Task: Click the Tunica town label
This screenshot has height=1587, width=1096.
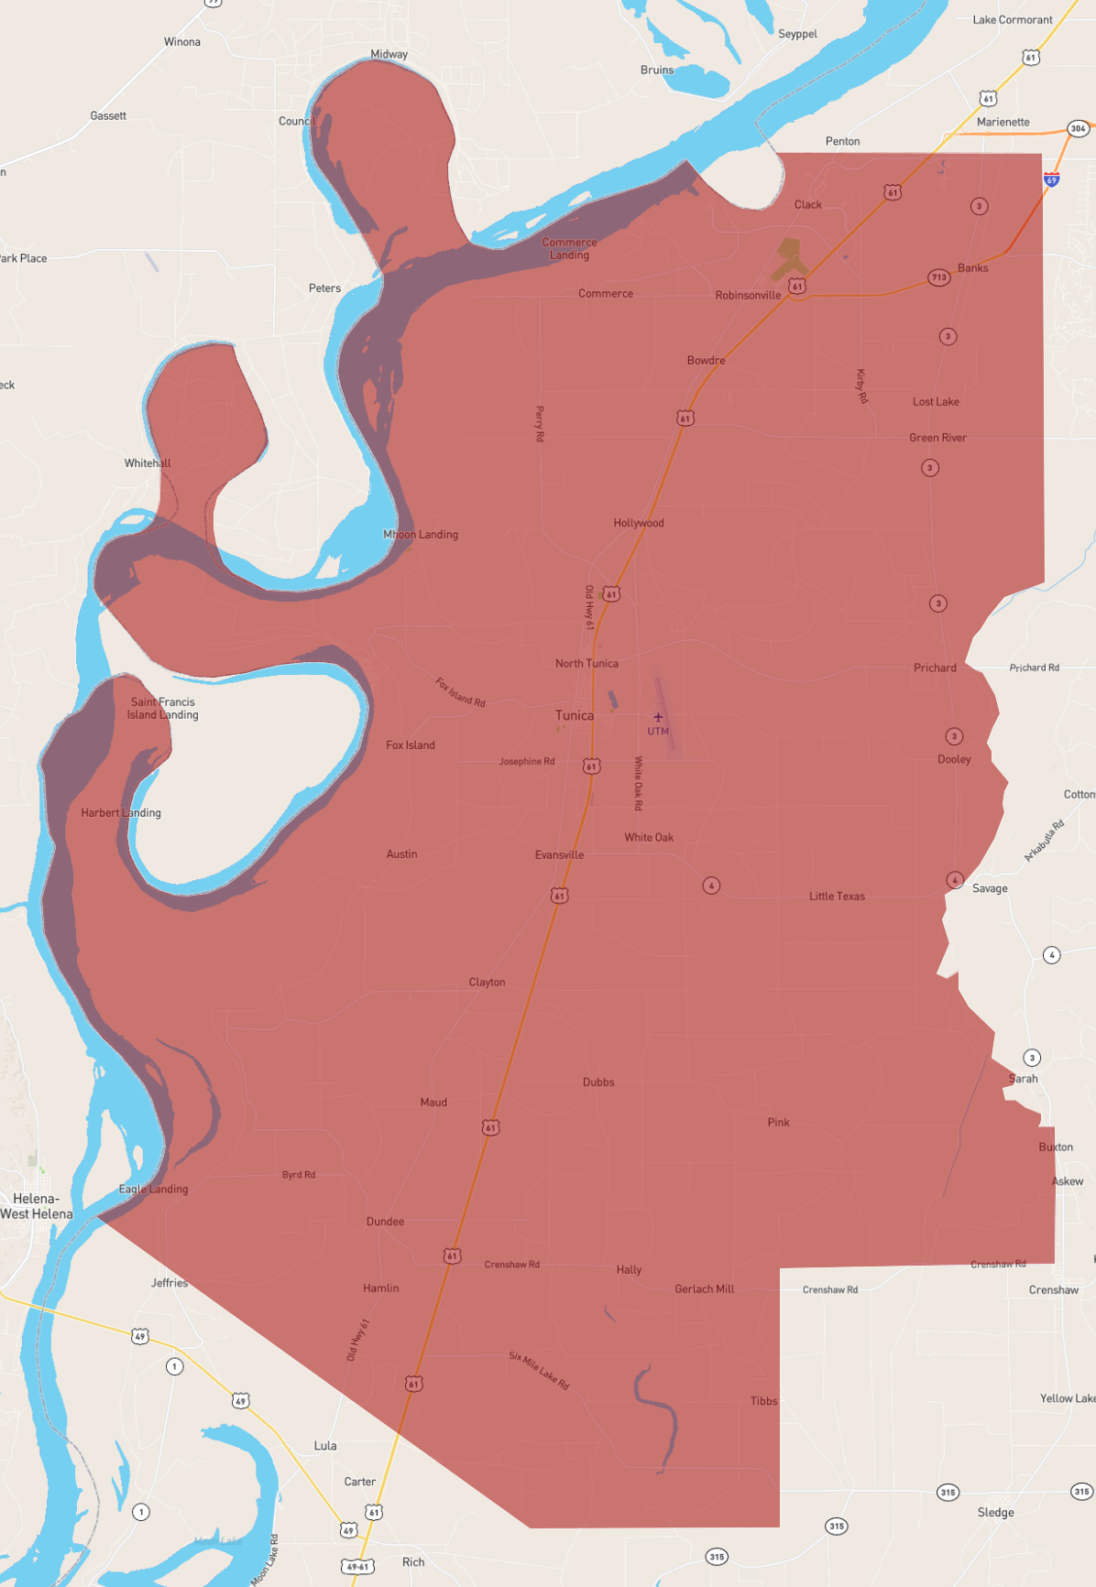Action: [575, 715]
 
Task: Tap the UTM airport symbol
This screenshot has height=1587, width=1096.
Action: [658, 717]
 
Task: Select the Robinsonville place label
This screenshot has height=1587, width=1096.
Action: [748, 295]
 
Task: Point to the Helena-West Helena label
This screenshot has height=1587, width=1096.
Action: [37, 1206]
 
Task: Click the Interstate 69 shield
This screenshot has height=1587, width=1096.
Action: [1052, 179]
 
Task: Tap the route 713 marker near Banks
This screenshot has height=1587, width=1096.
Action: [938, 277]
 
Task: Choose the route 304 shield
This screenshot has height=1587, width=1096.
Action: [1078, 128]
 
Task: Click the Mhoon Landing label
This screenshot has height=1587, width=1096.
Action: [421, 534]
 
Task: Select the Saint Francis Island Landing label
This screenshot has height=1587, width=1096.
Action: [162, 708]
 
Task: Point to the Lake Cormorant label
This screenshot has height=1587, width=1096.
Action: [1013, 19]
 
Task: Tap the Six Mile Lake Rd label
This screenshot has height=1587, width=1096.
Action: [540, 1371]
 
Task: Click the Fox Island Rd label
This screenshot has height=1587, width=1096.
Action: [460, 692]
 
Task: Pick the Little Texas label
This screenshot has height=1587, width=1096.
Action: [837, 896]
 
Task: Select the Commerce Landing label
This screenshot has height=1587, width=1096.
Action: [569, 248]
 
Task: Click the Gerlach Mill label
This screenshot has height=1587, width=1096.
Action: [705, 1288]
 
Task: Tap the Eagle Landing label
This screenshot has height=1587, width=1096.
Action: [153, 1189]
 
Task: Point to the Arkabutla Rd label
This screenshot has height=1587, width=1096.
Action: [1044, 841]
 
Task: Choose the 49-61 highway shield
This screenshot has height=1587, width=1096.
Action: [357, 1567]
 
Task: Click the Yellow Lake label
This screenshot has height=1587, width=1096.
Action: [1068, 1398]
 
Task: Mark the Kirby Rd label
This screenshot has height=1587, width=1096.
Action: [861, 386]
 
